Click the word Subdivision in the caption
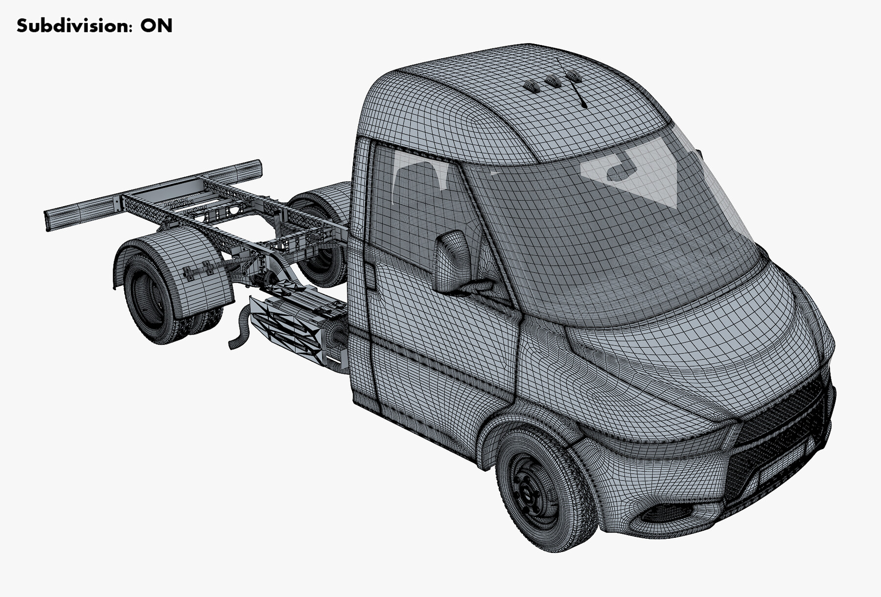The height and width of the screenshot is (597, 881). click(x=73, y=25)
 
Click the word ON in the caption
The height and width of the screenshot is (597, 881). click(x=156, y=25)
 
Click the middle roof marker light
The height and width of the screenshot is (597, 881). click(x=553, y=81)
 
